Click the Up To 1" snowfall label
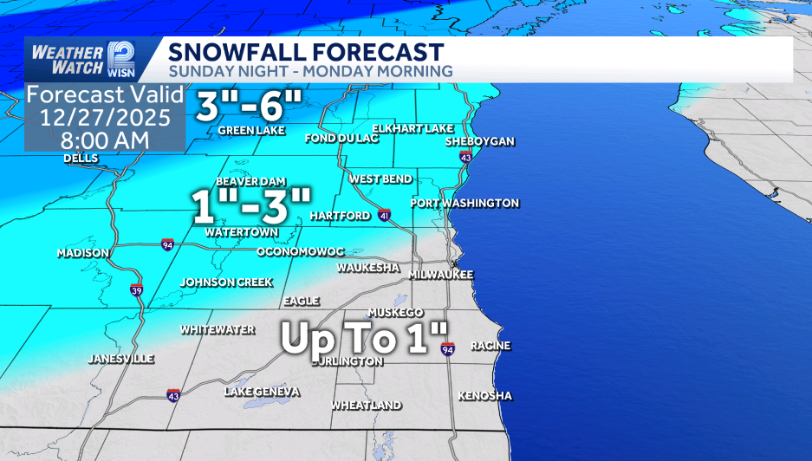pos(364,338)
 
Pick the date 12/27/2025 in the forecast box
pos(104,116)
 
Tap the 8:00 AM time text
pos(104,139)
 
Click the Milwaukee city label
pos(441,274)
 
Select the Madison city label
pos(82,253)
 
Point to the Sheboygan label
pos(479,141)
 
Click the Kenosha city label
pos(484,396)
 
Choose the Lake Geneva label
pos(262,392)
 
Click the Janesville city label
pos(121,359)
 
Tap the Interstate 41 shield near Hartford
pos(384,215)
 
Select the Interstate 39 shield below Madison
pos(137,290)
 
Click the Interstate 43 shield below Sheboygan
pos(466,158)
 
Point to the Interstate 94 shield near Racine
pos(447,349)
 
